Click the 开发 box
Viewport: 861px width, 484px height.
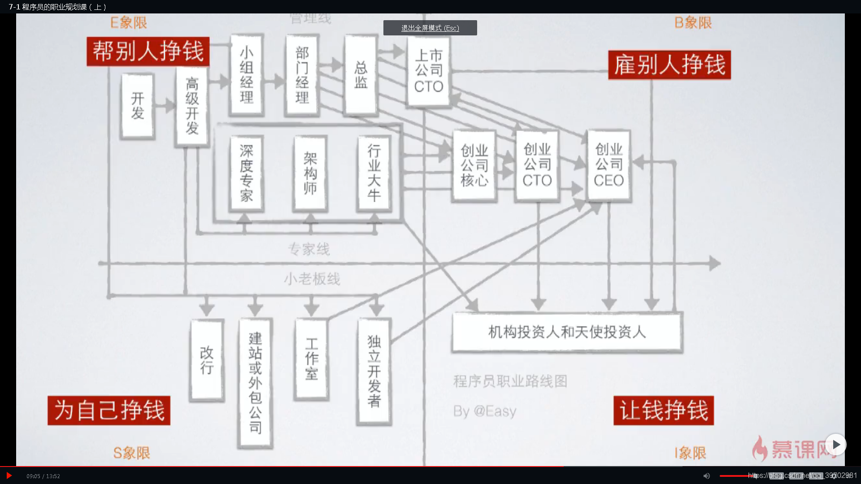click(138, 106)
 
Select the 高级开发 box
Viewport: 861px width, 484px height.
click(192, 106)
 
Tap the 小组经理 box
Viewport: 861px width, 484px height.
click(246, 75)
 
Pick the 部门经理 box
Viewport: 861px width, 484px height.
click(302, 75)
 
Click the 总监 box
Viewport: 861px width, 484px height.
click(361, 75)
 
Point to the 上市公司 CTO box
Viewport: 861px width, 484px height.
click(429, 71)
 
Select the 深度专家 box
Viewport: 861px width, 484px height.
click(246, 173)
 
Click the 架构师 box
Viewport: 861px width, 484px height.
click(310, 173)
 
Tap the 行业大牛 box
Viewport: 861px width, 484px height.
click(374, 173)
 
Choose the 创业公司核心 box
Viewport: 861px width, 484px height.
click(474, 165)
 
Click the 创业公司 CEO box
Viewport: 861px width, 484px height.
click(609, 165)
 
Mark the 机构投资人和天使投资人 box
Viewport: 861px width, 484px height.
click(567, 332)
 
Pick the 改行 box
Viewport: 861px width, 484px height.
click(207, 360)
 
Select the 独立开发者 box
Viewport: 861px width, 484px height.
click(374, 371)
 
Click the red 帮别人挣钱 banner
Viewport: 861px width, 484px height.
click(148, 51)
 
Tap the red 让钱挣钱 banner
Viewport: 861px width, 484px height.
click(664, 410)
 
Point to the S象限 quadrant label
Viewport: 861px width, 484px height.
click(131, 453)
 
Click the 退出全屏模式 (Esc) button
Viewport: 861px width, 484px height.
click(430, 28)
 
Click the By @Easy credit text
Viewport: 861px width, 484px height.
click(485, 411)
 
